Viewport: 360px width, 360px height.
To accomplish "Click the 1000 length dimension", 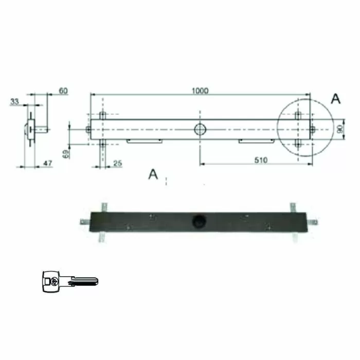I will [200, 91].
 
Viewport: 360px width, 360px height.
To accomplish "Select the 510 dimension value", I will [261, 160].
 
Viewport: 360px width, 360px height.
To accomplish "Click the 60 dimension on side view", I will [63, 91].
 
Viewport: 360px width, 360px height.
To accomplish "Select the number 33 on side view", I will [14, 102].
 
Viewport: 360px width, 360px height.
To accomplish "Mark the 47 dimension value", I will [47, 164].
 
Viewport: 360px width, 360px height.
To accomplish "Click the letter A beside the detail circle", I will [335, 99].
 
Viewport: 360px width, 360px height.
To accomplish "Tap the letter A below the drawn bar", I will [153, 174].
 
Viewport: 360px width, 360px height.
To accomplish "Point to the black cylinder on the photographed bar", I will [198, 221].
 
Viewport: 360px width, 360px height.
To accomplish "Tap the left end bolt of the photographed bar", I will [84, 222].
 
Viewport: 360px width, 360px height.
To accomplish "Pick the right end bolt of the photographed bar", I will [313, 222].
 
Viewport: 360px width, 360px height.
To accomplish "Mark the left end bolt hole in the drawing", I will [88, 130].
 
